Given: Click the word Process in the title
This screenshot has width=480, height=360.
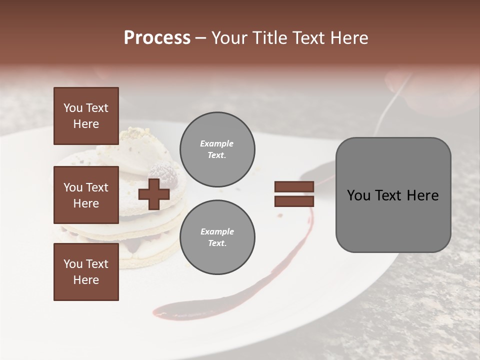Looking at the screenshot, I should (x=157, y=38).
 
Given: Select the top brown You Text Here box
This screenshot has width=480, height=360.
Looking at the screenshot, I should (x=86, y=116).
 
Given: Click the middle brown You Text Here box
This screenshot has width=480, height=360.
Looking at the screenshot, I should (x=86, y=195).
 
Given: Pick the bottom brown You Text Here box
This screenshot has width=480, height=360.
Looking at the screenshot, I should (x=86, y=272).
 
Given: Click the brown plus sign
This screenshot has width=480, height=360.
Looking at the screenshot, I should (x=153, y=194).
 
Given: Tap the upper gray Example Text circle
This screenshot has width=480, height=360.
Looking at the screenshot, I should (x=217, y=149).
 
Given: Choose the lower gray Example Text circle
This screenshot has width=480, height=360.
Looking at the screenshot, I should (x=217, y=237).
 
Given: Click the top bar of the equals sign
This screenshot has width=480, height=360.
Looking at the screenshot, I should (x=294, y=187).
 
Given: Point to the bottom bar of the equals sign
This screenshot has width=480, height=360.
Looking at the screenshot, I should (x=294, y=201).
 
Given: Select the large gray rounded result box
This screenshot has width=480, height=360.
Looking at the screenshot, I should (x=393, y=195).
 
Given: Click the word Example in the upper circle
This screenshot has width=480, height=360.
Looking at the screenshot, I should (x=217, y=144).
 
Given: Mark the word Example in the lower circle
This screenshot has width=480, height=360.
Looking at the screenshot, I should (x=217, y=232).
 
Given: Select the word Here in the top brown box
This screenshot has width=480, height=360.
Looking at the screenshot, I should (x=86, y=124).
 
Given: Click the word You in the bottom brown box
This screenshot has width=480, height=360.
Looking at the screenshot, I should (x=72, y=264).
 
